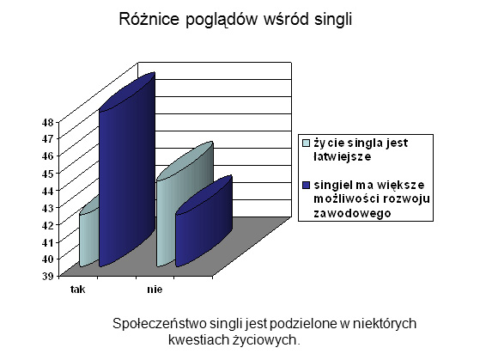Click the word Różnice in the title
click(149, 19)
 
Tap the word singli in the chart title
click(333, 20)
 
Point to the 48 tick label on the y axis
click(47, 122)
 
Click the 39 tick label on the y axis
click(47, 276)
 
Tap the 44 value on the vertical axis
click(47, 191)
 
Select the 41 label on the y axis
click(47, 241)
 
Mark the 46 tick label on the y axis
click(47, 156)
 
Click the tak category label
click(78, 290)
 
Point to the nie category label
click(155, 290)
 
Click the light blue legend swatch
click(306, 143)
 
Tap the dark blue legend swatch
click(306, 185)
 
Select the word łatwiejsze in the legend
click(343, 157)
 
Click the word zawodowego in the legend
click(352, 213)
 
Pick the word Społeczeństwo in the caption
click(160, 324)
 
